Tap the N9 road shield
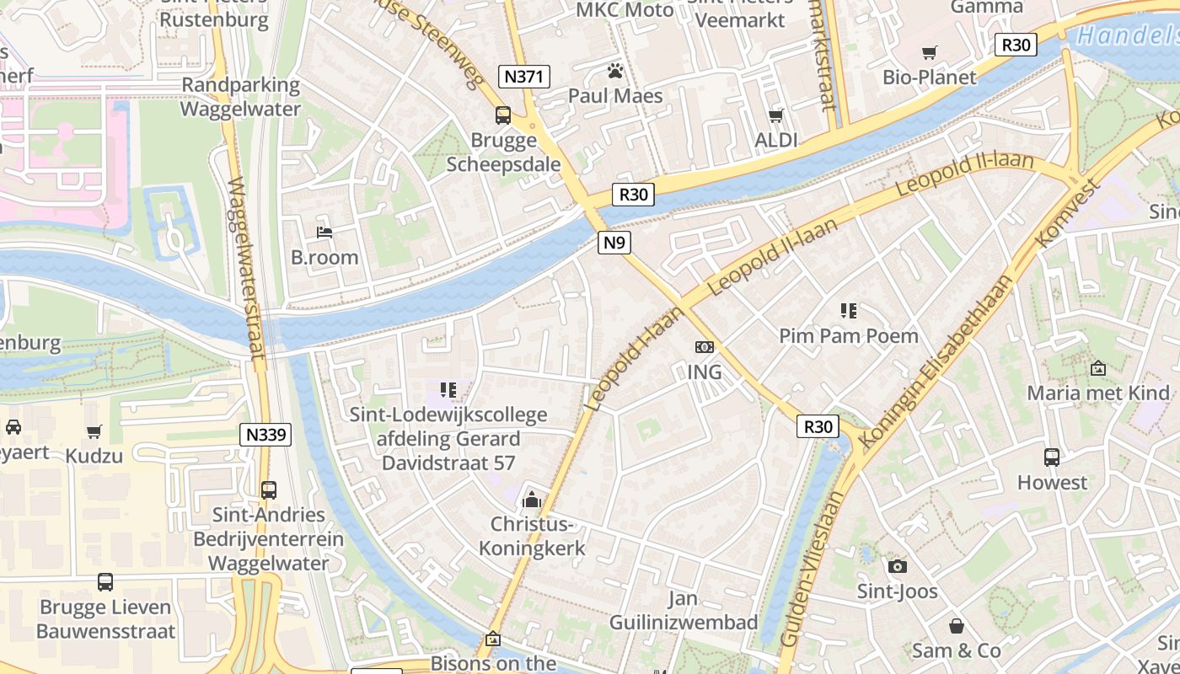615,243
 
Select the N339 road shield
266,435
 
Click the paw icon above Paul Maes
615,71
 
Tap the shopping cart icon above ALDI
775,115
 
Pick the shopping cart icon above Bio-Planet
930,53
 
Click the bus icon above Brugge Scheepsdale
503,115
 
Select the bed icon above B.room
324,232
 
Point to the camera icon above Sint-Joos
898,566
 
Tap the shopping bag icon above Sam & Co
957,626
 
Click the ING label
705,372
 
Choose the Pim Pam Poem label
848,336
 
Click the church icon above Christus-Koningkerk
531,500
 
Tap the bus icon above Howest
1052,457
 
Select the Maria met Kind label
1098,393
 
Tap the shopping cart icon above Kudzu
94,432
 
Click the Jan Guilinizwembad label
683,611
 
